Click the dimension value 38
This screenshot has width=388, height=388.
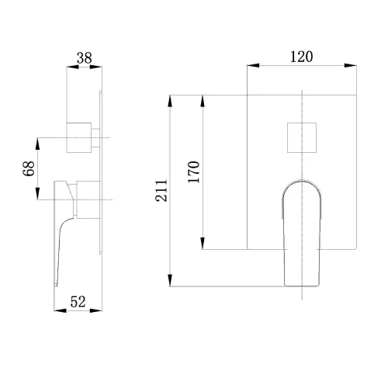[85, 58]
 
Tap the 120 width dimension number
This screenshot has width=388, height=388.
[301, 57]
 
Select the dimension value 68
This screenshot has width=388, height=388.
[29, 168]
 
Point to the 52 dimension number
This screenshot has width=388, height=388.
[78, 302]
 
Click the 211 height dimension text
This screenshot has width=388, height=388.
[161, 191]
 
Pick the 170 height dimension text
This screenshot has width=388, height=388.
[194, 172]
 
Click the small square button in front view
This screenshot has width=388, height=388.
[302, 137]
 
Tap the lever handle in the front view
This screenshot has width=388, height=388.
[302, 233]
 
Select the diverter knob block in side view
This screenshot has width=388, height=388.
[79, 137]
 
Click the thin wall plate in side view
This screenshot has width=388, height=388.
[101, 172]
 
